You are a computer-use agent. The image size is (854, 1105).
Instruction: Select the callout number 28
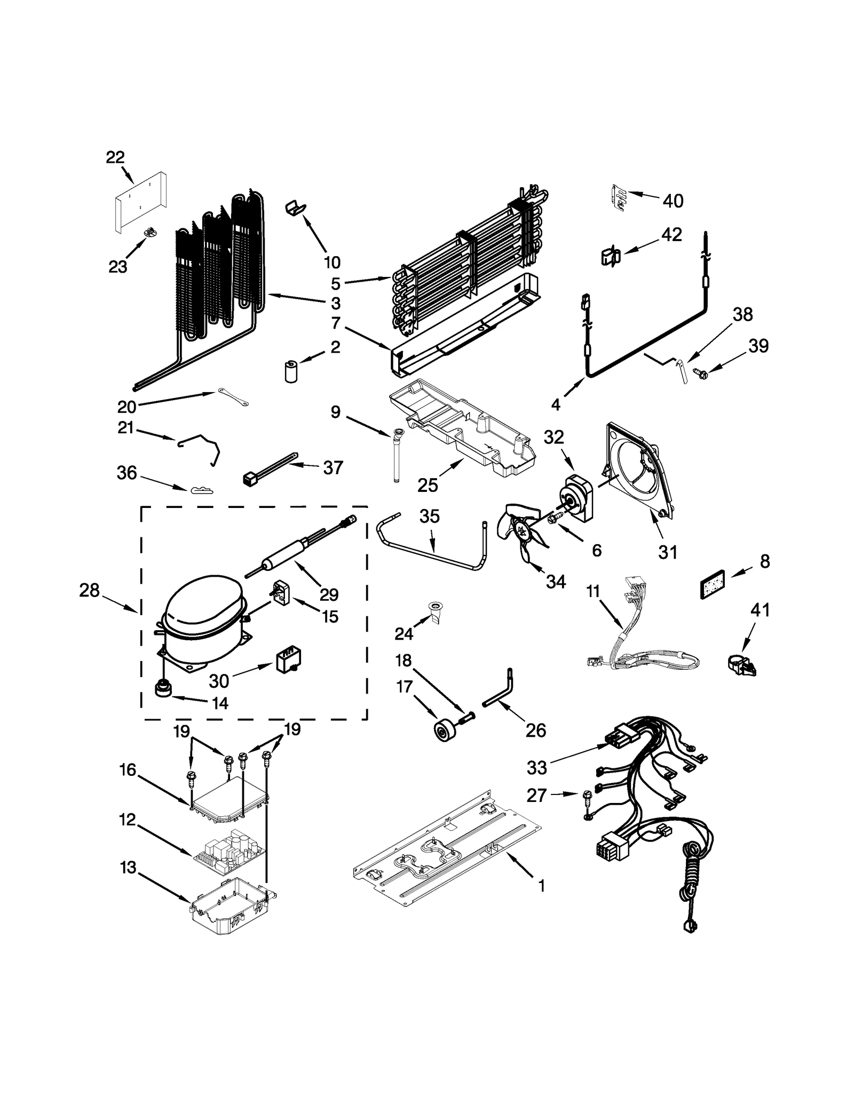(x=89, y=590)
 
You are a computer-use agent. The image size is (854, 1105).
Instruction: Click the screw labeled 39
(x=696, y=374)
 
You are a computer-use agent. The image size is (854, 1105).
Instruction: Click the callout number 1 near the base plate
(x=542, y=886)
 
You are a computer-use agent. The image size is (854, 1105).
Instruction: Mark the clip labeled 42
(x=610, y=257)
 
